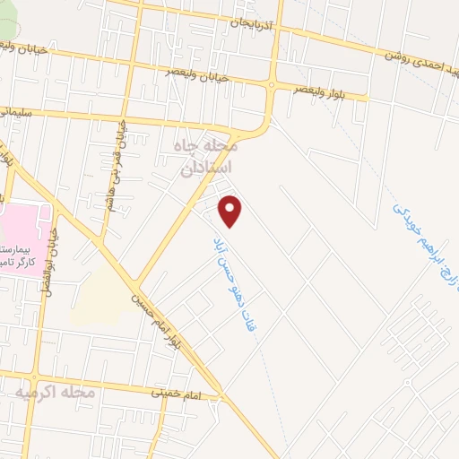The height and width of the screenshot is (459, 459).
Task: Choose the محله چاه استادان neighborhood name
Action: pyautogui.click(x=207, y=156)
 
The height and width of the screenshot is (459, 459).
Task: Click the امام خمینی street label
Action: pyautogui.click(x=175, y=392)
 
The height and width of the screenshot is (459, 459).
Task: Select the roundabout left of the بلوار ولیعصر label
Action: pyautogui.click(x=271, y=84)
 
